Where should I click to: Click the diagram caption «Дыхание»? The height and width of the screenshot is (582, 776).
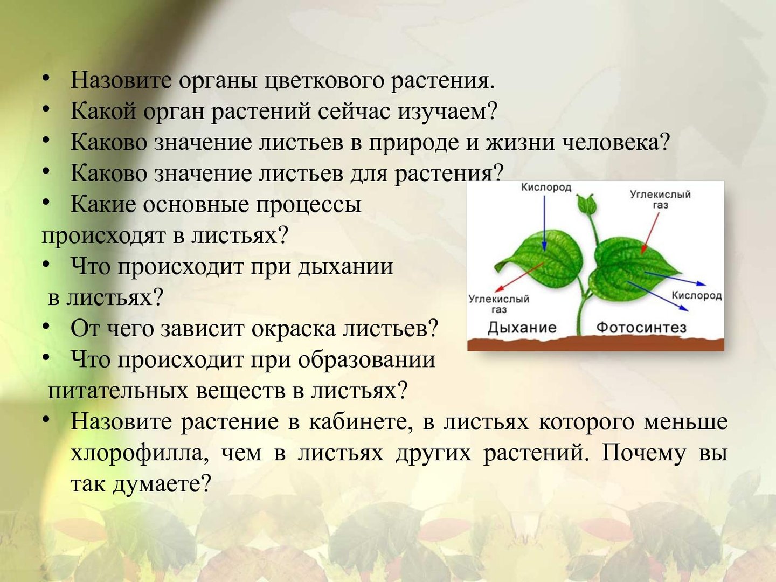tap(522, 328)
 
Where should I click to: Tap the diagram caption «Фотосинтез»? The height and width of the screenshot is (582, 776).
tap(641, 327)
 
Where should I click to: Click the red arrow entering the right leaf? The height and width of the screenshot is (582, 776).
tap(650, 233)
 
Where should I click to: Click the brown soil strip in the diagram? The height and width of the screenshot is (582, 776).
tap(595, 343)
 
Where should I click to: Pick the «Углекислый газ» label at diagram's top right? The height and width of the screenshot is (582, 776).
tap(660, 199)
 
